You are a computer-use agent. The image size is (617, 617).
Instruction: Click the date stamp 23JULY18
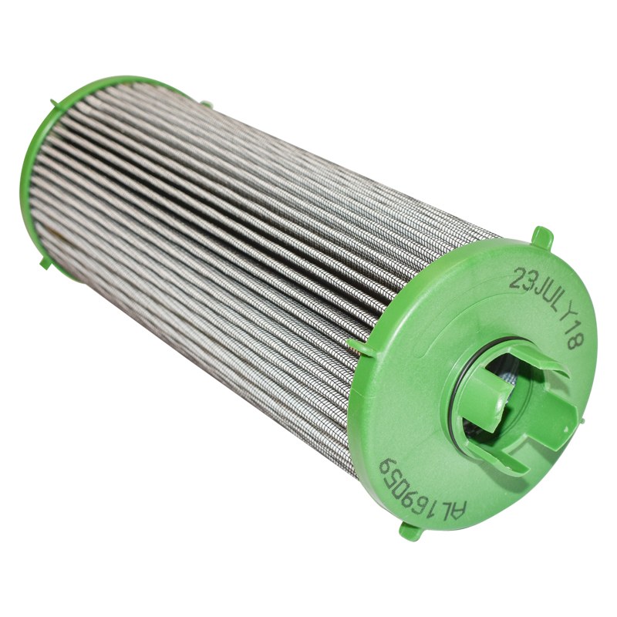pos(548,305)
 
